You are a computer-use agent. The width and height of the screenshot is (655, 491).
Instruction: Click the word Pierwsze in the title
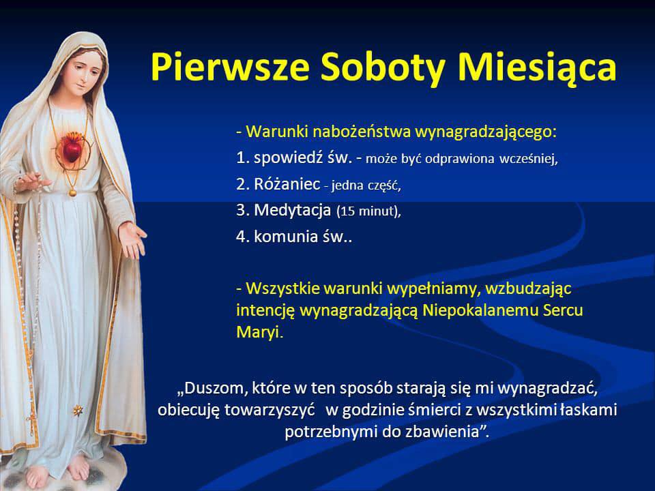tap(230, 68)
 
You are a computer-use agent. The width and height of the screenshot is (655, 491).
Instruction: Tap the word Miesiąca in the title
tap(537, 68)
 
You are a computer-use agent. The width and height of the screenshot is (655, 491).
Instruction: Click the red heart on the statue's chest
tap(72, 148)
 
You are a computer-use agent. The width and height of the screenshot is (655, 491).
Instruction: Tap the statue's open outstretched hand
tap(133, 239)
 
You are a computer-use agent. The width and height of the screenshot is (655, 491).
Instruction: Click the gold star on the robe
tap(78, 411)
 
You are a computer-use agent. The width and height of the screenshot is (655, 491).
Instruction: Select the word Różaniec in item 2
tap(287, 184)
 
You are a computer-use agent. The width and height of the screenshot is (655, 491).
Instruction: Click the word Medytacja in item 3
tap(293, 210)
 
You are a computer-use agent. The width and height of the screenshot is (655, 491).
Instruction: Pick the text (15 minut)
tap(368, 211)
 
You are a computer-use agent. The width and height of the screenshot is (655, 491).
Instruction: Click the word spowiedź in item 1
tap(285, 158)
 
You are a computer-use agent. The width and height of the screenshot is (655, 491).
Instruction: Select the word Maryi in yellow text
tap(258, 332)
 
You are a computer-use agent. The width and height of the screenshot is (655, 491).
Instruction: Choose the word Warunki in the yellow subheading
tap(278, 132)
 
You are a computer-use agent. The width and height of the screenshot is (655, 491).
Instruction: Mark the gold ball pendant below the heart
tap(73, 193)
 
